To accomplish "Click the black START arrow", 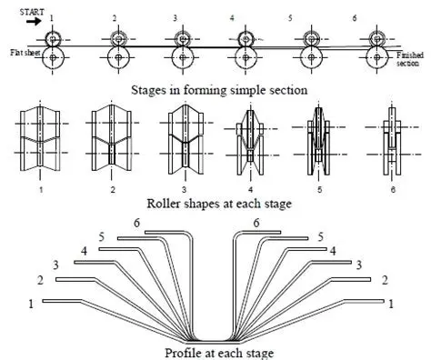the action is (x=34, y=22).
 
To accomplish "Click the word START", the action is (x=32, y=12).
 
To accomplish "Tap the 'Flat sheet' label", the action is (x=25, y=53).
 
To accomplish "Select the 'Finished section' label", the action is (x=410, y=59).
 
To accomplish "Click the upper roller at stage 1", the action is (x=53, y=39).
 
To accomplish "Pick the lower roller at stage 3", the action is (x=183, y=57).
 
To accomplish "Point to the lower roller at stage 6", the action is (x=376, y=57).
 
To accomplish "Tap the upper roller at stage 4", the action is (x=246, y=39).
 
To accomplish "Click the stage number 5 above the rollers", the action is (x=290, y=18).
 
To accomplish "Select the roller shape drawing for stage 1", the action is (x=40, y=138).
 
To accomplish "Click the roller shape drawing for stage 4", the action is (x=251, y=141).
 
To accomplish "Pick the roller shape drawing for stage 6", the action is (x=393, y=140).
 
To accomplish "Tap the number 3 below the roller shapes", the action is (x=184, y=190).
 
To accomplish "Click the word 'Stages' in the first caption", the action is (x=148, y=90).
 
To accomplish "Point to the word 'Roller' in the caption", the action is (x=161, y=204).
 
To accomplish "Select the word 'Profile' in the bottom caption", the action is (x=182, y=353).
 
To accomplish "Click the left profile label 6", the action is (x=136, y=223).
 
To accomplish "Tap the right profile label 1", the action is (x=391, y=304).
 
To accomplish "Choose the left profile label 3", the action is (x=55, y=265).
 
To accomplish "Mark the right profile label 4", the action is (x=333, y=251).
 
